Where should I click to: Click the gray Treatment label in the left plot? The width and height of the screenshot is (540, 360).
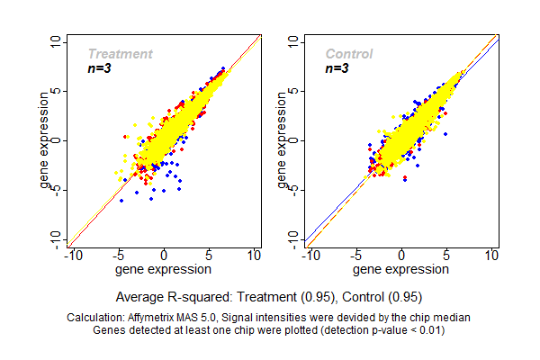120,54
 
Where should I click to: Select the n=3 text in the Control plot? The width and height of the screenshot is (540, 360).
337,68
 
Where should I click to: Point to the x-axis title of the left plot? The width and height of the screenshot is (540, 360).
165,268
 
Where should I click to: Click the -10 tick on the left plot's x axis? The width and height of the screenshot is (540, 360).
72,256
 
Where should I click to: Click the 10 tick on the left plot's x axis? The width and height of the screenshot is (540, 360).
255,256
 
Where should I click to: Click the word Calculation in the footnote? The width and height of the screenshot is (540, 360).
96,318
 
